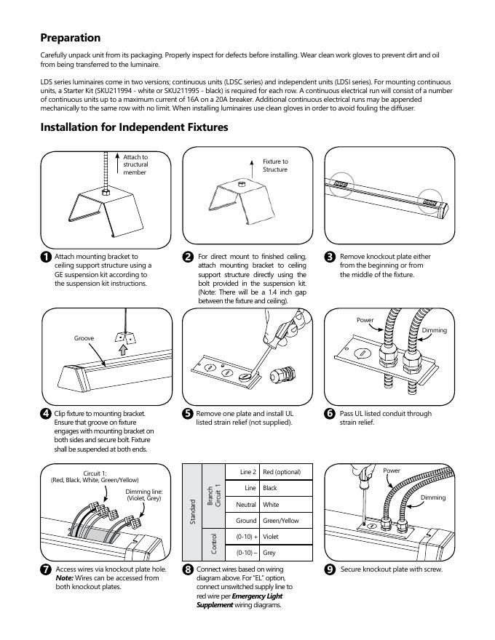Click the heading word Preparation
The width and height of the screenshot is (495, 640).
71,38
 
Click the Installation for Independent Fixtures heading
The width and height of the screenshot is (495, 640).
134,127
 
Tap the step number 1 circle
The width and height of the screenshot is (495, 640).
46,257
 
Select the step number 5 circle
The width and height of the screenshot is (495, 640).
188,415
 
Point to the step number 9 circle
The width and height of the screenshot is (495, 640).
330,569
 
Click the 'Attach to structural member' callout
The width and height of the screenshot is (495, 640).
135,164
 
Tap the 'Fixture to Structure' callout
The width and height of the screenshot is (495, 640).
275,165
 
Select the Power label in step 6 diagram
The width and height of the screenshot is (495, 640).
365,320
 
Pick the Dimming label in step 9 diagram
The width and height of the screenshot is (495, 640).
433,497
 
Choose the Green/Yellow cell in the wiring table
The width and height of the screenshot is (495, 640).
281,521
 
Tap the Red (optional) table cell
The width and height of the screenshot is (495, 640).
282,472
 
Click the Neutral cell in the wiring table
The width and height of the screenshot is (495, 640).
245,504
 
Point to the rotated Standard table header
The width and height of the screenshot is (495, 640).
193,512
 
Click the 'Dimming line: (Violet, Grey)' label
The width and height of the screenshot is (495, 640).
144,495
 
